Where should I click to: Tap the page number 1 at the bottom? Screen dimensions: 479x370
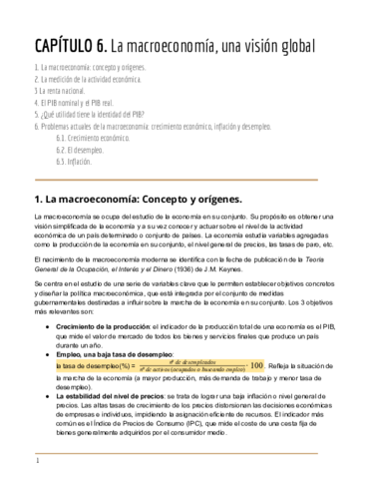(37, 462)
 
